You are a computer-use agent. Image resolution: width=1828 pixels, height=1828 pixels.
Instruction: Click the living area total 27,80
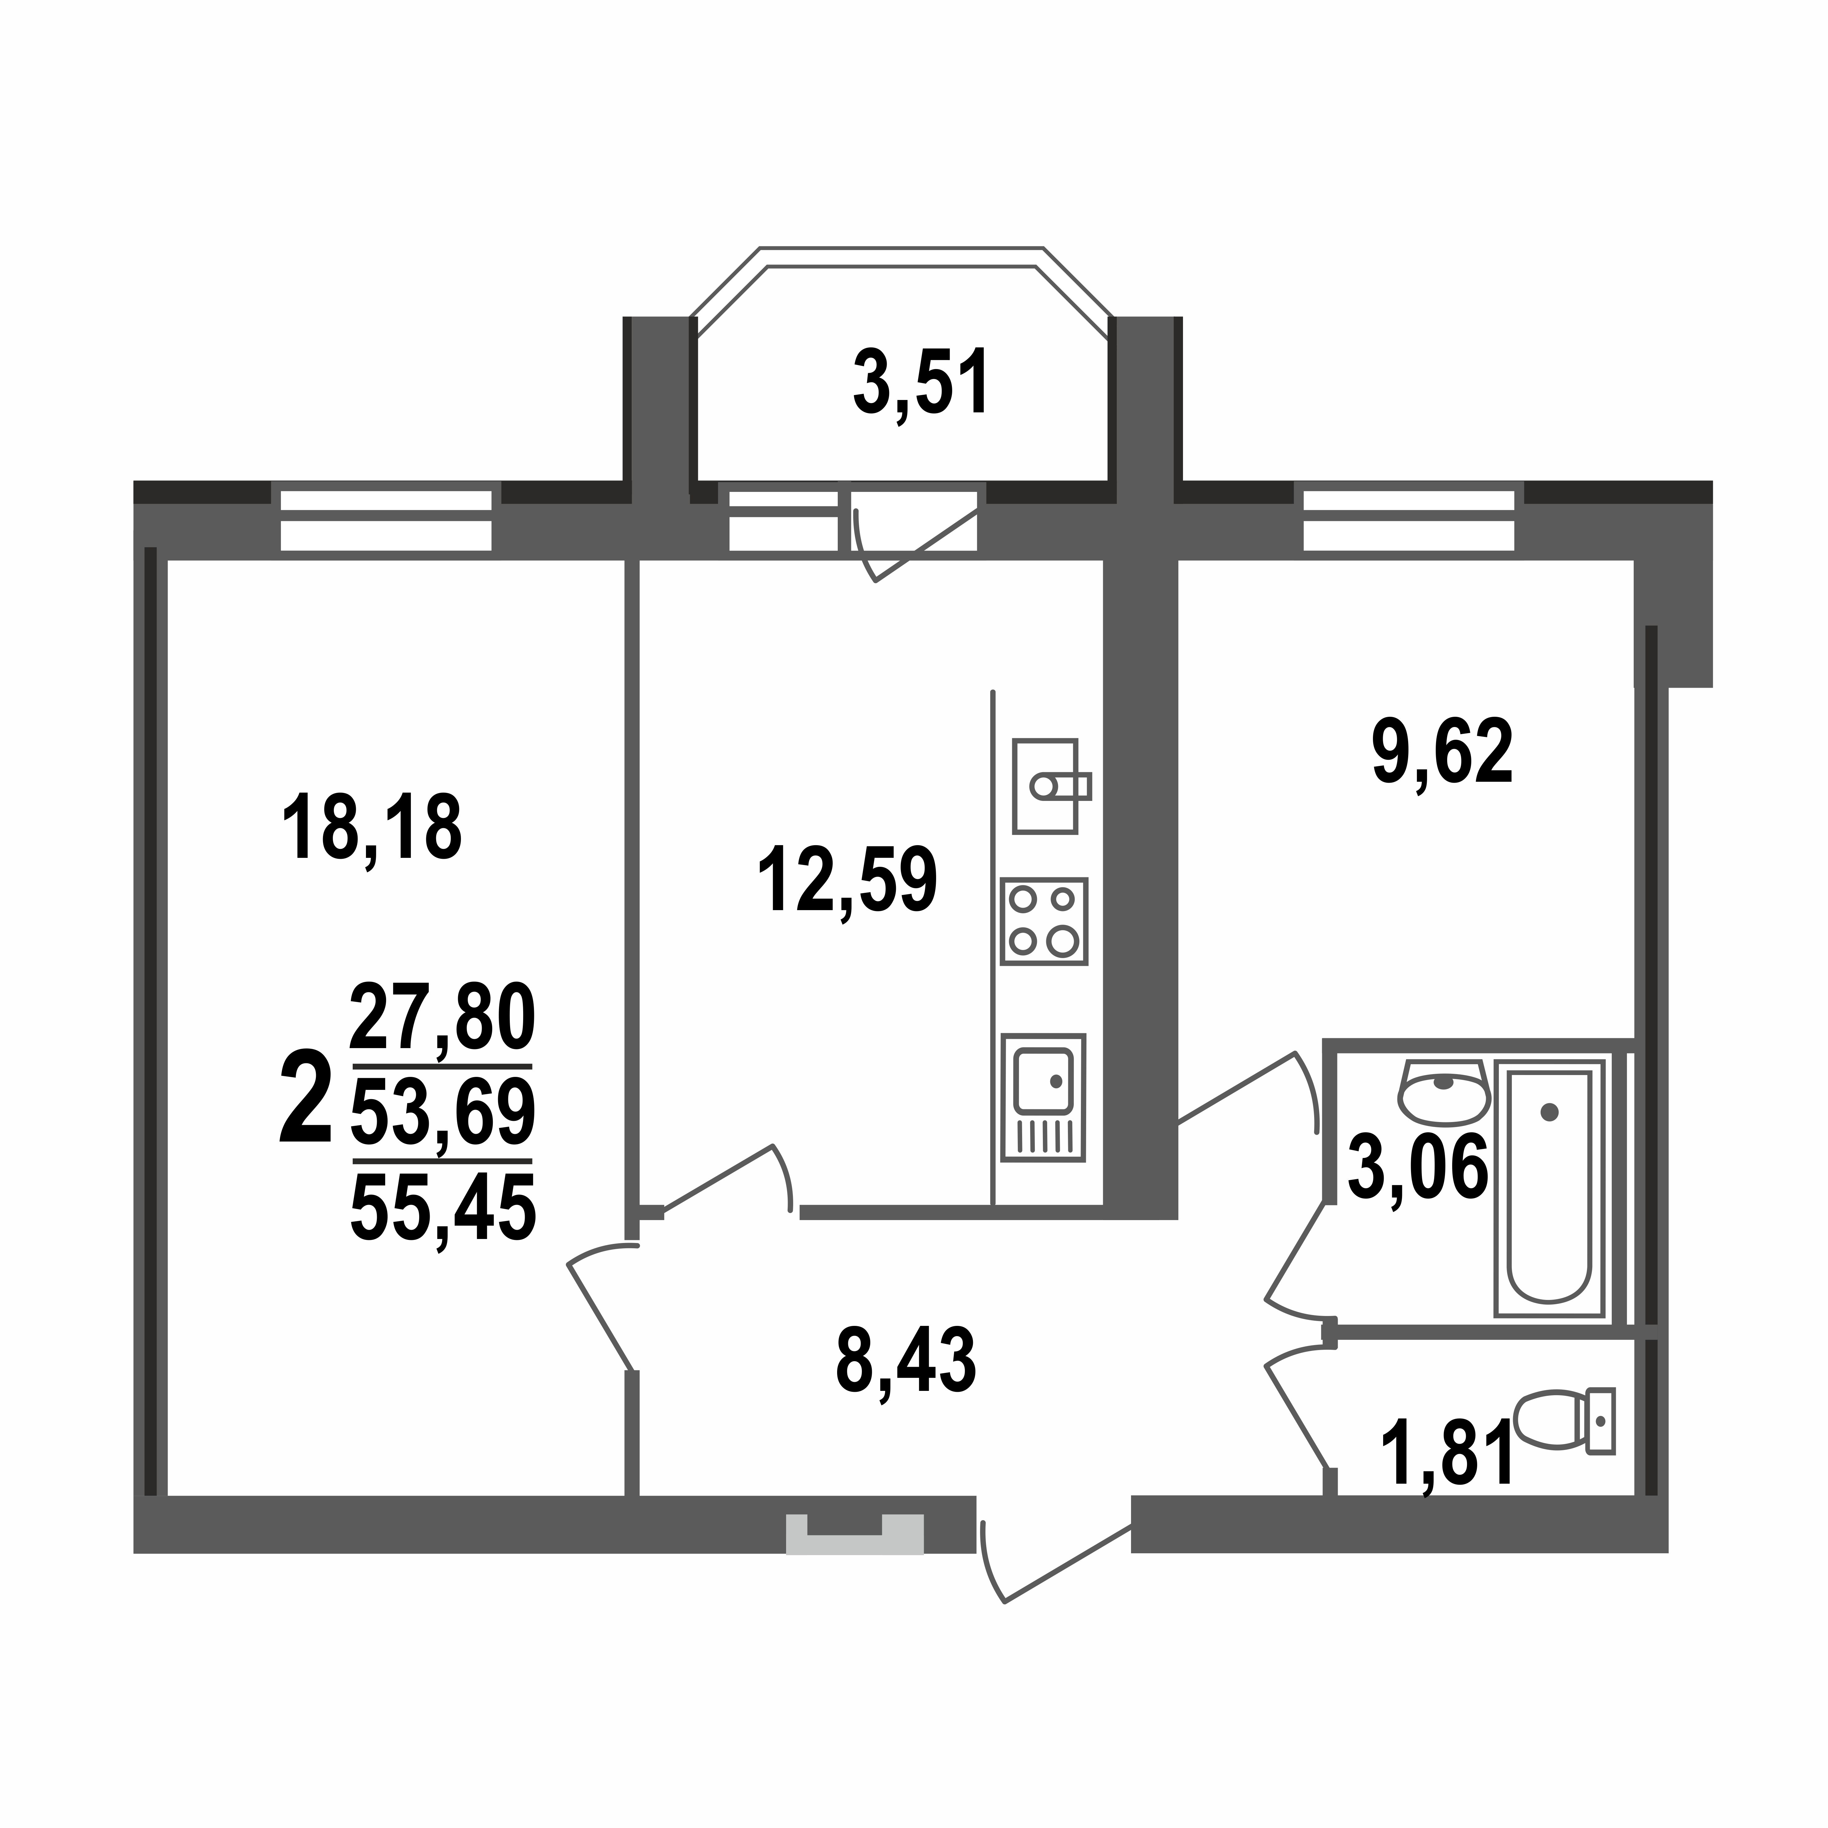442,1017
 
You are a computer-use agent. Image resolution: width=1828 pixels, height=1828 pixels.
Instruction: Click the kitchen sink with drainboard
1043,1098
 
